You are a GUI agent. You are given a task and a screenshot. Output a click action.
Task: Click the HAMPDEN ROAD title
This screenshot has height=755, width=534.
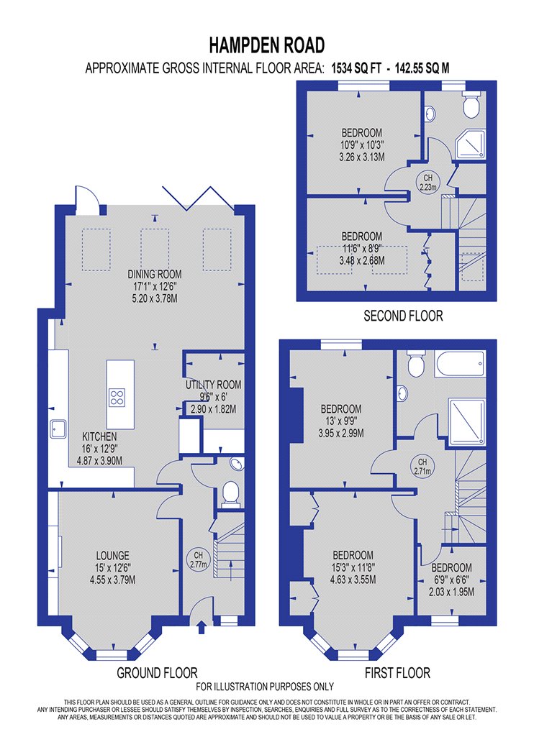click(266, 46)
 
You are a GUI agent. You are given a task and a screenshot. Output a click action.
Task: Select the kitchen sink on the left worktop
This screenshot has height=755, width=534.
click(58, 429)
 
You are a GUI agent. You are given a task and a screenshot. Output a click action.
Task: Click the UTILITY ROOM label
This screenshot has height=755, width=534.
click(214, 385)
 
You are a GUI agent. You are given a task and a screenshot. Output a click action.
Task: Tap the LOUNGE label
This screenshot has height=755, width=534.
click(112, 556)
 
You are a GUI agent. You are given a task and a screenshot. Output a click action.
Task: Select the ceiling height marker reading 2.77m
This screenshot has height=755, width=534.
click(199, 559)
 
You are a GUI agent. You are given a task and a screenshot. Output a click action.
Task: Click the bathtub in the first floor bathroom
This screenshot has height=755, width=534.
click(460, 364)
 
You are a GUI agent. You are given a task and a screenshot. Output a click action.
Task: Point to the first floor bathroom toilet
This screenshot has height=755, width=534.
click(415, 363)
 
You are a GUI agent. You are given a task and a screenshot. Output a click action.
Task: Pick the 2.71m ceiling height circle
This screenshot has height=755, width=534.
click(422, 467)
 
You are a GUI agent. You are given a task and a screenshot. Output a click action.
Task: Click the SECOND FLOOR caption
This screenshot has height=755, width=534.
click(403, 316)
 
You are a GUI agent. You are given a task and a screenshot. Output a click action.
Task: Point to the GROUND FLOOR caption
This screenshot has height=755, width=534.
click(157, 672)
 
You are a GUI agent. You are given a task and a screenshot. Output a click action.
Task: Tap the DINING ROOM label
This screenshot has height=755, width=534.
click(155, 275)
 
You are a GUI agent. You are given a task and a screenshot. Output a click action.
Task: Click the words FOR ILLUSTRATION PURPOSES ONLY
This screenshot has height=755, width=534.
click(265, 687)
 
